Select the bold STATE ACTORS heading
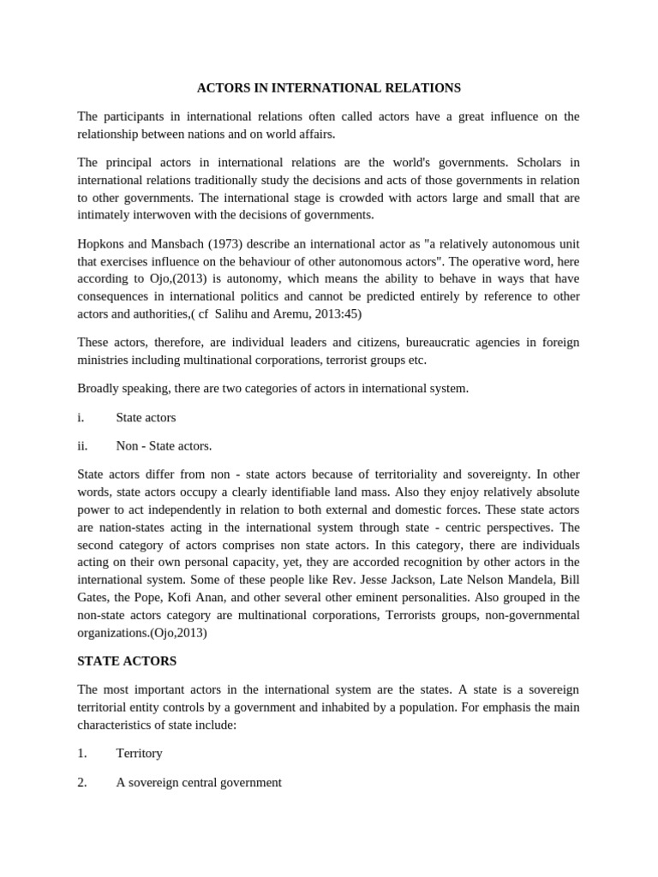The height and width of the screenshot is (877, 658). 127,661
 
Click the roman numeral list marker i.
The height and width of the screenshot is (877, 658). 81,417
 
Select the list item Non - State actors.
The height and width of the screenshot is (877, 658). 164,445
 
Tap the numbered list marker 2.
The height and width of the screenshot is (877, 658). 82,782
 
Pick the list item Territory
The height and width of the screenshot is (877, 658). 139,754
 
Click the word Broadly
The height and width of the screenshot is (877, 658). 100,388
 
